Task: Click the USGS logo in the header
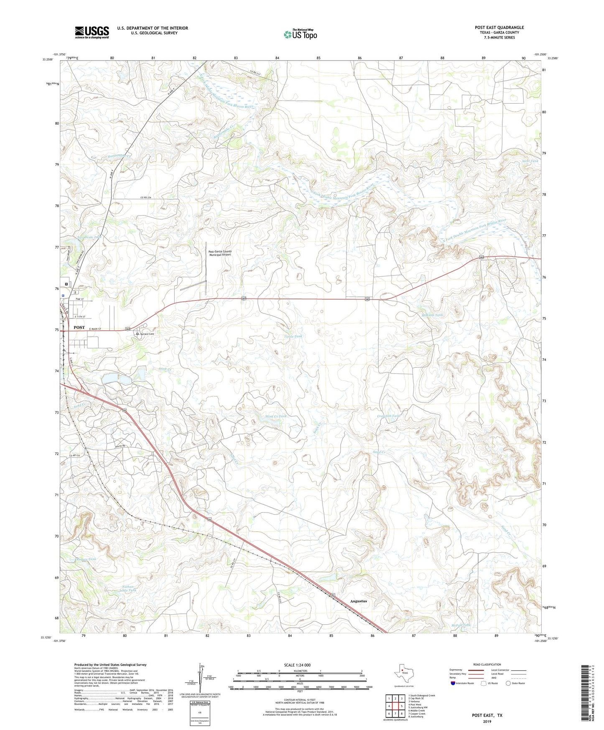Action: pos(92,32)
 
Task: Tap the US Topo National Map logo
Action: pos(301,34)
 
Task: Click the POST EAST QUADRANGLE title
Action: pos(499,28)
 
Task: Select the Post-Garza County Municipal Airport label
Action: pos(220,253)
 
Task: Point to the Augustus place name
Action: pos(358,601)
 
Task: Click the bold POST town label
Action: pos(79,327)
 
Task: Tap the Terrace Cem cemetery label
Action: pos(147,334)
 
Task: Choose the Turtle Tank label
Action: pos(293,336)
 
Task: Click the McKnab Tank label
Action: pos(433,315)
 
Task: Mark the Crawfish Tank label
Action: pos(389,416)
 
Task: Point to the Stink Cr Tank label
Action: pos(276,416)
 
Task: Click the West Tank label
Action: pos(530,161)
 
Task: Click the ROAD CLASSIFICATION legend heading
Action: pos(487,664)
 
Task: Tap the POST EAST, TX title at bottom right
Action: pos(487,715)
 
